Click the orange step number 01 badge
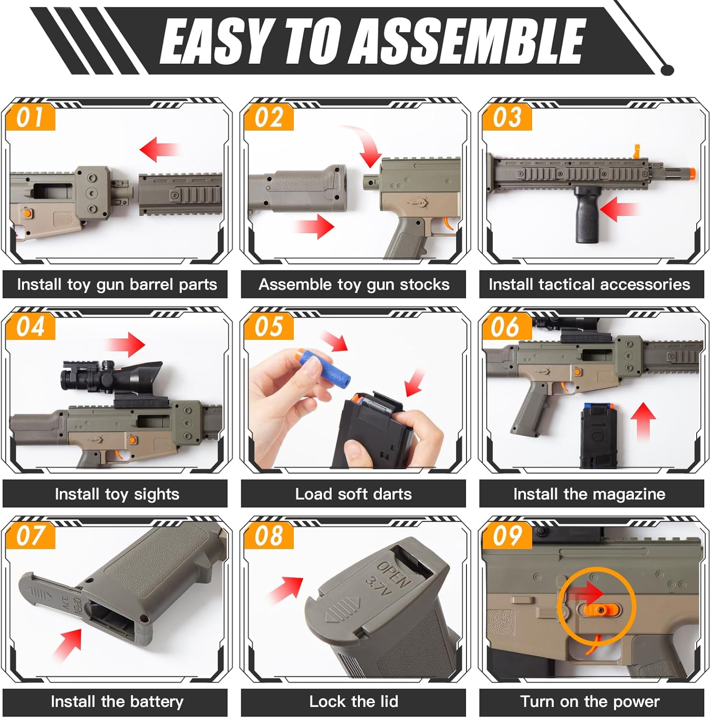pos(31,118)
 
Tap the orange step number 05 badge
pos(268,327)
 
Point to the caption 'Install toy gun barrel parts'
pos(117,284)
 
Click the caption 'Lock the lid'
pos(354,702)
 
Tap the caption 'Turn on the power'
pos(590,702)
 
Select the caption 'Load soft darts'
pos(354,494)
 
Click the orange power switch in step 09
pos(599,609)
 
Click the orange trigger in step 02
pos(448,224)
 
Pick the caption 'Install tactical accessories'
pos(589,284)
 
